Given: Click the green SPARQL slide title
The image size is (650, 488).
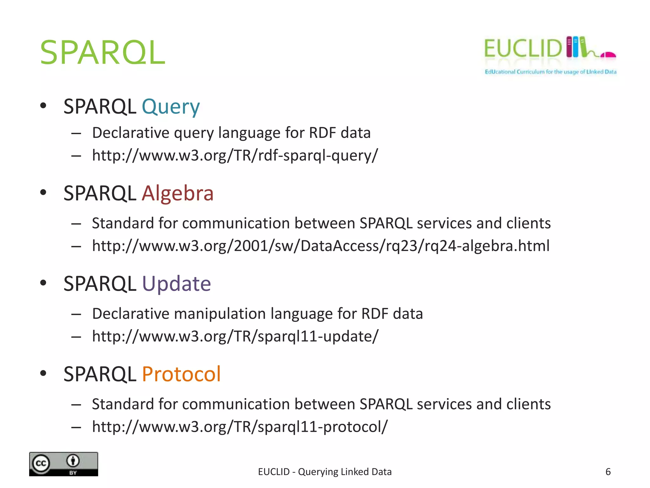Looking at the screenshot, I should coord(102,53).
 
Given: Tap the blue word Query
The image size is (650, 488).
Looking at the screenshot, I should coord(170,107).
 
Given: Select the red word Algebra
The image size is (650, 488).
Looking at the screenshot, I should coord(177,193).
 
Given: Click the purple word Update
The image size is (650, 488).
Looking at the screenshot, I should coord(176,283).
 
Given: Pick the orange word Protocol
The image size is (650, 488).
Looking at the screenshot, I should coord(181,374).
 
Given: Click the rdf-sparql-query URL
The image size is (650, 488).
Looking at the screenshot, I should coord(235,156).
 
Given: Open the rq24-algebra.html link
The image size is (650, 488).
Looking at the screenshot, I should coord(321,246).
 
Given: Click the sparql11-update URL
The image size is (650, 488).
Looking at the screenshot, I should coord(235,336).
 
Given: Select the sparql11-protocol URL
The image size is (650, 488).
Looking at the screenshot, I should coord(240,427).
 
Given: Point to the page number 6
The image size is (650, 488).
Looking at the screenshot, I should coord(608,472).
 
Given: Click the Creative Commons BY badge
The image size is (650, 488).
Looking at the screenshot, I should coord(63,464).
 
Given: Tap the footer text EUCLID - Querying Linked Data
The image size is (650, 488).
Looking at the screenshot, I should coord(325,472).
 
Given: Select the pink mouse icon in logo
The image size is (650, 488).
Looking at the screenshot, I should coord(608,55).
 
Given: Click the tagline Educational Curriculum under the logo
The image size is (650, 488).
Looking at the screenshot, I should coord(550,72).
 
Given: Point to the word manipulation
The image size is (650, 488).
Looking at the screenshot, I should coord(220,314).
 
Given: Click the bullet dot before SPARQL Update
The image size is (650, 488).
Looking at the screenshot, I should coord(43,283).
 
